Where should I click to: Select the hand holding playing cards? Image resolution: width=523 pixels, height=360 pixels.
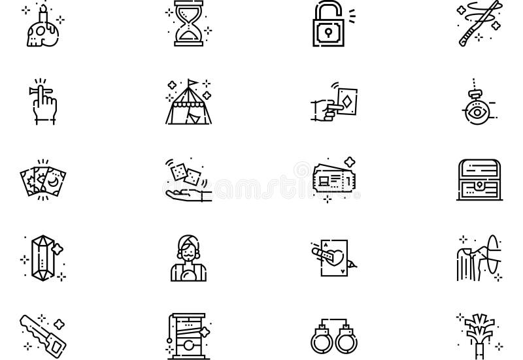(x=335, y=103)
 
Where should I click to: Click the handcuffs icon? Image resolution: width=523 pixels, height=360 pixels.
(x=335, y=335)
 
